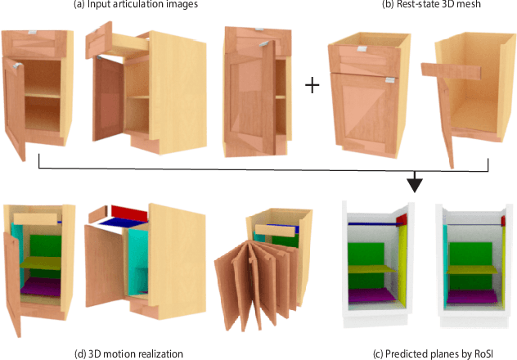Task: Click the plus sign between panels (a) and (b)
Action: (312, 86)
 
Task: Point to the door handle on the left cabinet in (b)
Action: (385, 81)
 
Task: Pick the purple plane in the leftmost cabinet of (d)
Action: (42, 284)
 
